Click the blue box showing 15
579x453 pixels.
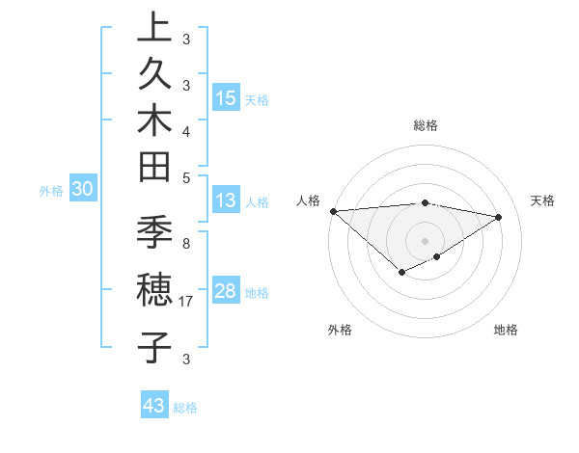(x=225, y=97)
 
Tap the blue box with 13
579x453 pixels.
(x=225, y=201)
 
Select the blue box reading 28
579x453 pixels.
(x=225, y=291)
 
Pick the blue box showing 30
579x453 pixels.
(x=83, y=190)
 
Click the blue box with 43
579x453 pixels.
(x=154, y=406)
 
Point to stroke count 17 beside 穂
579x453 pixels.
(x=186, y=302)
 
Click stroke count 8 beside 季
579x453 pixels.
(x=186, y=244)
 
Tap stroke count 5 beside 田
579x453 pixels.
(x=186, y=176)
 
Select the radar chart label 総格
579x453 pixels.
(x=426, y=125)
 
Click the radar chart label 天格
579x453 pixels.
(x=543, y=200)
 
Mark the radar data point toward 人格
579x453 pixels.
(x=333, y=211)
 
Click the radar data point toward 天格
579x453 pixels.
(x=498, y=217)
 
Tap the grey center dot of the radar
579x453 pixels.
(x=425, y=240)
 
